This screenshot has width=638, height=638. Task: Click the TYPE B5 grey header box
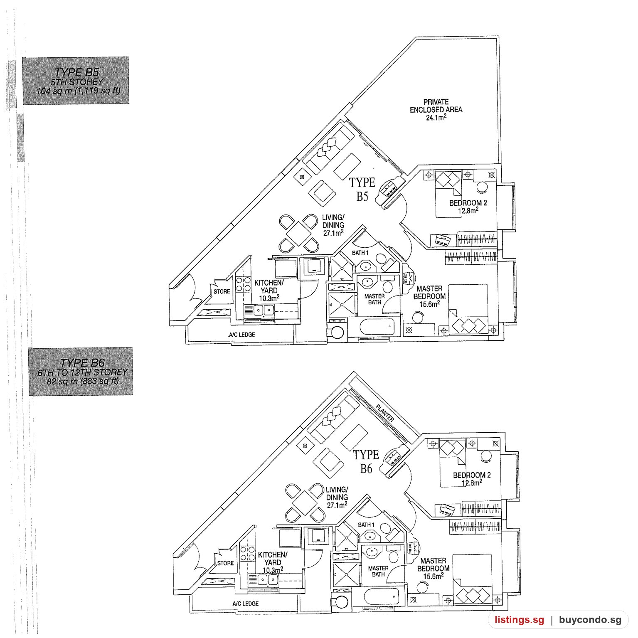[x=76, y=81]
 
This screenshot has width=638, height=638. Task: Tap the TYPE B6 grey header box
[x=81, y=371]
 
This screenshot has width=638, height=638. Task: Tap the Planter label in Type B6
[x=384, y=413]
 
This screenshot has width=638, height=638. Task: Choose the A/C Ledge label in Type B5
[x=241, y=335]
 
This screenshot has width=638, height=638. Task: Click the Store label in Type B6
[x=225, y=563]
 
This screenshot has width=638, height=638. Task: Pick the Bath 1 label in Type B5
[x=360, y=253]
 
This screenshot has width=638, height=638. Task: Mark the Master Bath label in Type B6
[x=378, y=571]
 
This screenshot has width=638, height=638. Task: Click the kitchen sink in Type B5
[x=259, y=310]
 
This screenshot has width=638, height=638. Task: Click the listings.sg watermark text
[x=519, y=620]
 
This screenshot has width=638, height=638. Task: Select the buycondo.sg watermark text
[x=590, y=620]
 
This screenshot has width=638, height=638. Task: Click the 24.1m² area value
[x=436, y=118]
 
